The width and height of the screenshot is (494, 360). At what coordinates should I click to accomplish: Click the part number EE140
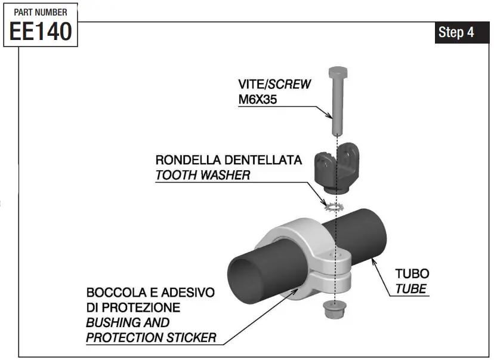click(x=41, y=30)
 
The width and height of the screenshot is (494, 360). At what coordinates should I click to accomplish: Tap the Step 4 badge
click(x=456, y=33)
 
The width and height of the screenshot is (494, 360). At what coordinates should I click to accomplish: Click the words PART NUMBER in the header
click(x=41, y=12)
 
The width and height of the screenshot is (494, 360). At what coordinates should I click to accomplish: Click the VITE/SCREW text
click(x=274, y=84)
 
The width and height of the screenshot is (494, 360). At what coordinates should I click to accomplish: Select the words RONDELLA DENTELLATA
click(x=229, y=161)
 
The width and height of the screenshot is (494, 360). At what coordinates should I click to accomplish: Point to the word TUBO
click(x=412, y=274)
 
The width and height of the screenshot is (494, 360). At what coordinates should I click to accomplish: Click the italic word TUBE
click(x=411, y=290)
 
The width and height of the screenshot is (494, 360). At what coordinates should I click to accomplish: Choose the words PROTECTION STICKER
click(x=151, y=337)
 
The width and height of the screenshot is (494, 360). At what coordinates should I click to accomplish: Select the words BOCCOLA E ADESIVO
click(x=150, y=293)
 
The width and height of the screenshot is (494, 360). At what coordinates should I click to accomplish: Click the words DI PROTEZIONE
click(x=132, y=308)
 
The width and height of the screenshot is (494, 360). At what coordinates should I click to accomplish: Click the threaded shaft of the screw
click(x=337, y=107)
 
